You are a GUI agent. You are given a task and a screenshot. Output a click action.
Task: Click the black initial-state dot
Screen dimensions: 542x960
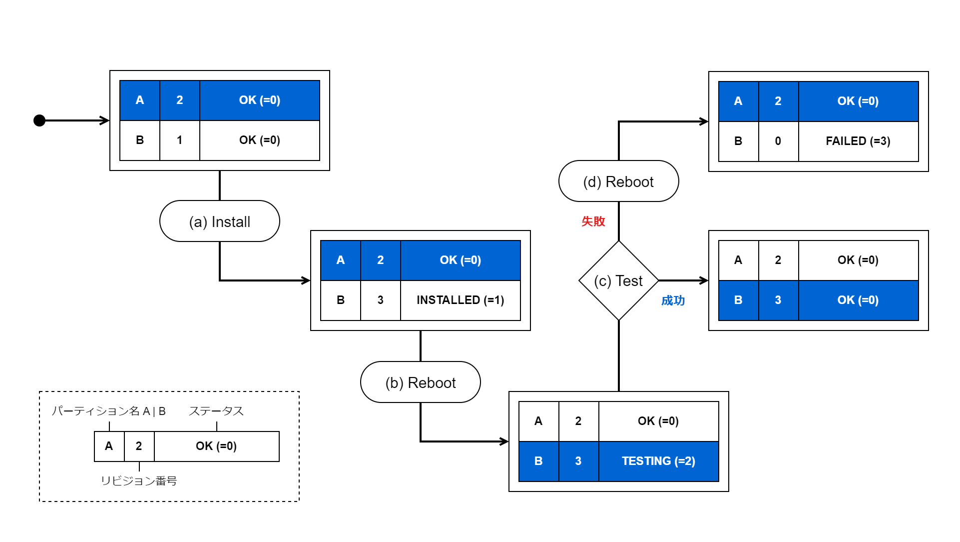coord(39,120)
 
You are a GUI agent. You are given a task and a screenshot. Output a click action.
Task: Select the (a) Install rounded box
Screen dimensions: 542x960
coord(219,221)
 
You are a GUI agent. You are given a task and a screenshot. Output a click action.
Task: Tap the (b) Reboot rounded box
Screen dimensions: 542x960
coord(420,382)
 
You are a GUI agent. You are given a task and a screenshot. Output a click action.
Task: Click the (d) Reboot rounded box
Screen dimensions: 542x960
coord(618,181)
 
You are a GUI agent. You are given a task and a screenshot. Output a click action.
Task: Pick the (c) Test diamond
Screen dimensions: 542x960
coord(618,281)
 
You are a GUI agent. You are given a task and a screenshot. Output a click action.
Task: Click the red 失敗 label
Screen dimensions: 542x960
coord(593,221)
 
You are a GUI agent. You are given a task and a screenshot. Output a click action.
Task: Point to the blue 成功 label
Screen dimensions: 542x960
coord(673,300)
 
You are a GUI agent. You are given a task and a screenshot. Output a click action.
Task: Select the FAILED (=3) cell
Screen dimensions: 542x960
coord(858,141)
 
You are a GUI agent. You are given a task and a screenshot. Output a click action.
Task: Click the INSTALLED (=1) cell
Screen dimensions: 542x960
coord(460,300)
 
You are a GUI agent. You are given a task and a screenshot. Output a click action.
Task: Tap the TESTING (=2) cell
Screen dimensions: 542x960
coord(658,461)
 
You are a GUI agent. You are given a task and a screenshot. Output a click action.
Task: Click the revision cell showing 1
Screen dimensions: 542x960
coord(179,140)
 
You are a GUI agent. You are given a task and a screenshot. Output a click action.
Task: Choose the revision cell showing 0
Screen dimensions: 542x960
coord(778,141)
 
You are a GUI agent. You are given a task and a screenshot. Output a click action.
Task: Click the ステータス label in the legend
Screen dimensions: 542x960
coord(216,411)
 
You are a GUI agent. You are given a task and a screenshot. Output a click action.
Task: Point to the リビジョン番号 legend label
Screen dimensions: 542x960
coord(139,481)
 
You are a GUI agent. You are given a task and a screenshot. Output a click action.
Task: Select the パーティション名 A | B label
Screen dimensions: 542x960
coord(108,411)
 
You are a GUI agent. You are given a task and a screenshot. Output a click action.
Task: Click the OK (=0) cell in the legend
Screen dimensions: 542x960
coord(216,446)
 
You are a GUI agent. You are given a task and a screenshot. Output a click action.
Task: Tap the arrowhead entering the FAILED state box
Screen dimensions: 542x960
coord(704,121)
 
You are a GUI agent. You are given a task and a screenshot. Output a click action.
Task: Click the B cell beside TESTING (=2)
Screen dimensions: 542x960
coord(538,461)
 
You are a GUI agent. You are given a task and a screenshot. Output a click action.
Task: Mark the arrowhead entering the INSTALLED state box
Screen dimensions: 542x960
coord(306,280)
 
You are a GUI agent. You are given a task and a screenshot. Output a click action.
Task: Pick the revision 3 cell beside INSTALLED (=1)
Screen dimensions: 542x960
coord(380,300)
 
